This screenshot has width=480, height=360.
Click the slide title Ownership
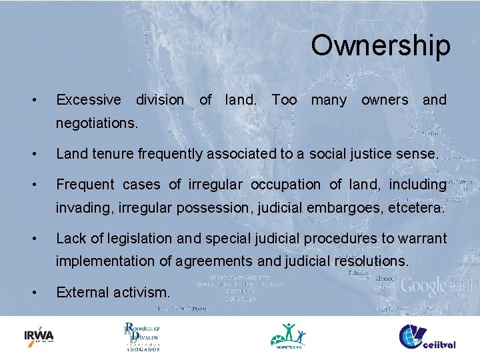(380, 45)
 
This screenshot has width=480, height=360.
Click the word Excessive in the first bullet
(89, 100)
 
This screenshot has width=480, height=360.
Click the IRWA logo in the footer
(39, 335)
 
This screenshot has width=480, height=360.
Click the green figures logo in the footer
(289, 335)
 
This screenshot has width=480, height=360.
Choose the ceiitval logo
(427, 337)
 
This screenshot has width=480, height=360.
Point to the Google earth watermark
(440, 287)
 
